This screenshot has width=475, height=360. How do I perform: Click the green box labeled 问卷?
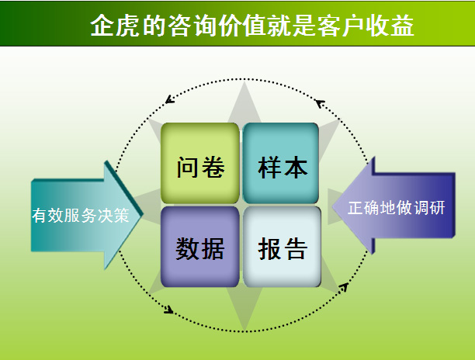point(200,163)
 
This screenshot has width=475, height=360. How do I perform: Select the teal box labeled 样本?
point(281,163)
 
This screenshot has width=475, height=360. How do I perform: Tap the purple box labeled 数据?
point(200,247)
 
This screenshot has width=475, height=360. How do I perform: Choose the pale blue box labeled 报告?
point(282,247)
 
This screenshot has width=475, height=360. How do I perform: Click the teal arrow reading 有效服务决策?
point(86,215)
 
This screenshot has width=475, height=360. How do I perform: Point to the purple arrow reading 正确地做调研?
point(394,206)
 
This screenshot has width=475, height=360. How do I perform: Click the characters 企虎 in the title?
point(115,26)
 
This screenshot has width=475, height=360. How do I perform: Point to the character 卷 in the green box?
point(213,167)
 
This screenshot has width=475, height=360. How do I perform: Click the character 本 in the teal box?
point(296,167)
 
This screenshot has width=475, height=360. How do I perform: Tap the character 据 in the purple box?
point(213,248)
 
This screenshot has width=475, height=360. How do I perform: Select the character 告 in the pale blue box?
point(296,248)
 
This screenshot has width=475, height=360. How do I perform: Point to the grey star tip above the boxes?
point(244,83)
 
